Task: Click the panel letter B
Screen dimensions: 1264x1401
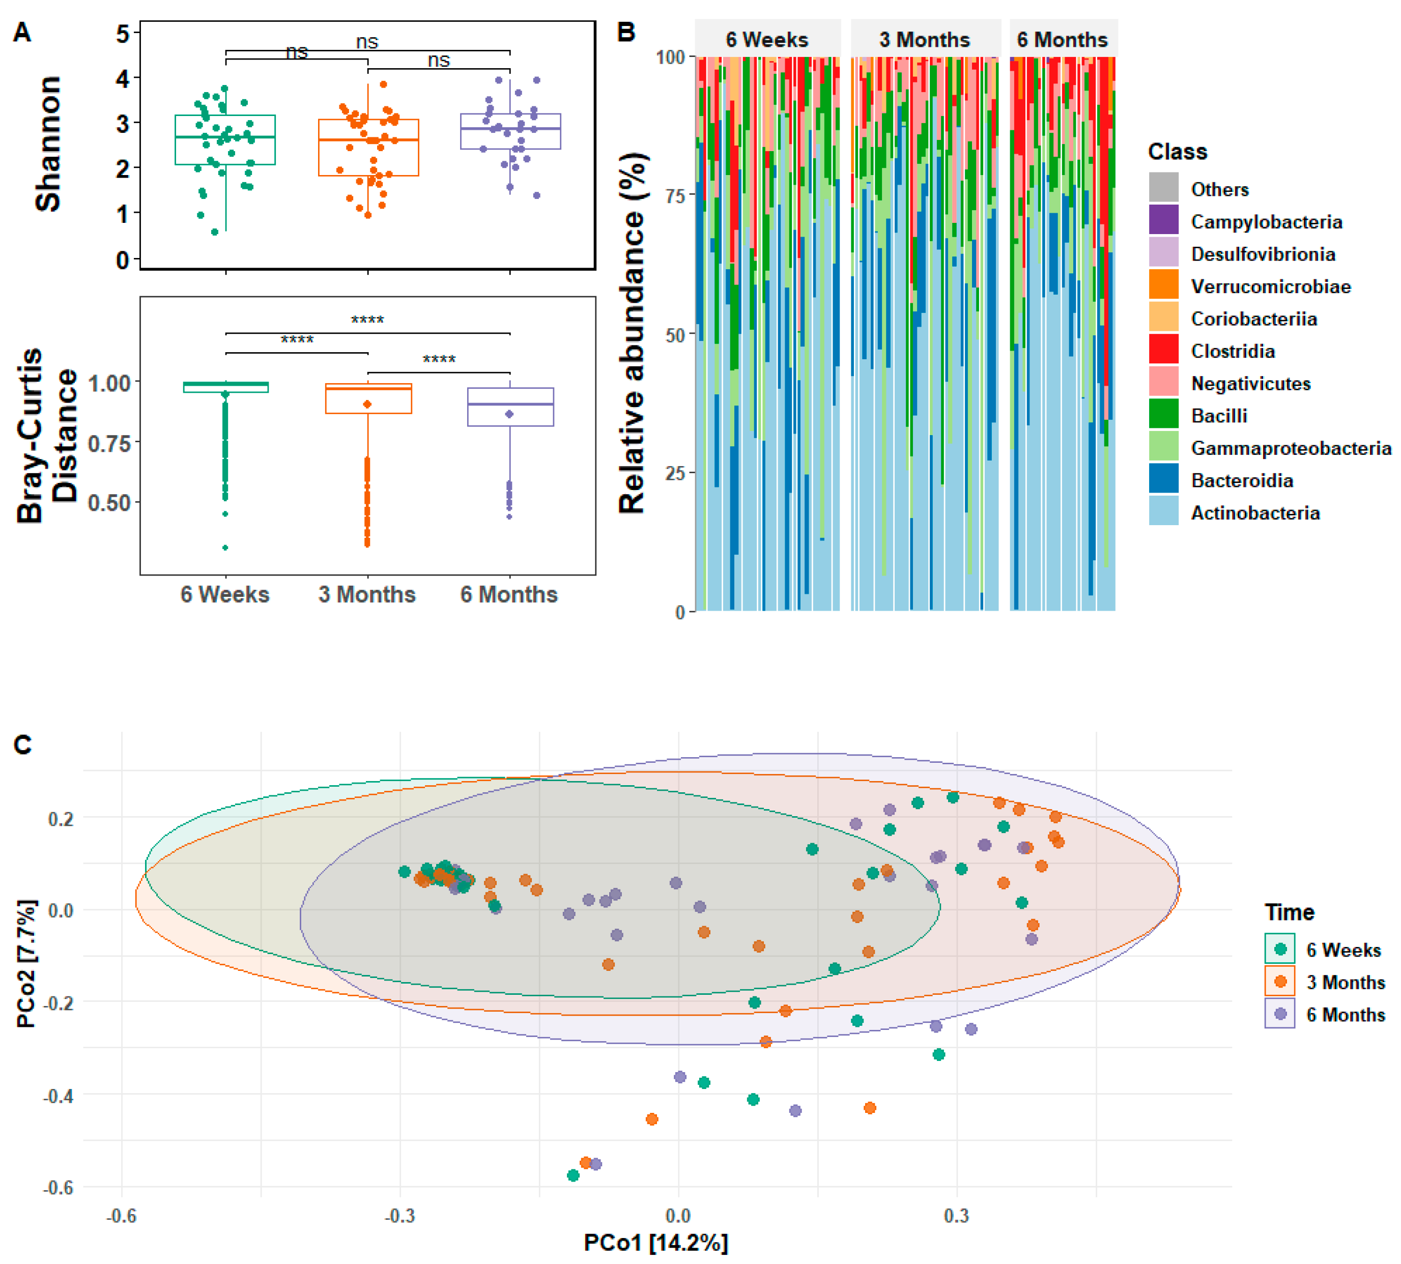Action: click(626, 33)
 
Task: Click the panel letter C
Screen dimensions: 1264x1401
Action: click(23, 745)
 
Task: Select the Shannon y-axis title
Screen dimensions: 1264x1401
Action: click(48, 144)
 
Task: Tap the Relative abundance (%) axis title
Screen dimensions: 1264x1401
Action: click(632, 333)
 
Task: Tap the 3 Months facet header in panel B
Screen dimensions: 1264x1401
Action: click(925, 40)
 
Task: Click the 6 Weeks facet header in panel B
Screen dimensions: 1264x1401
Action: click(767, 40)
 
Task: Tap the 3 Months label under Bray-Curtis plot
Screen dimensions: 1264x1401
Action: click(367, 594)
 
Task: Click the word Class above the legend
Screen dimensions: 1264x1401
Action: click(1178, 152)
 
